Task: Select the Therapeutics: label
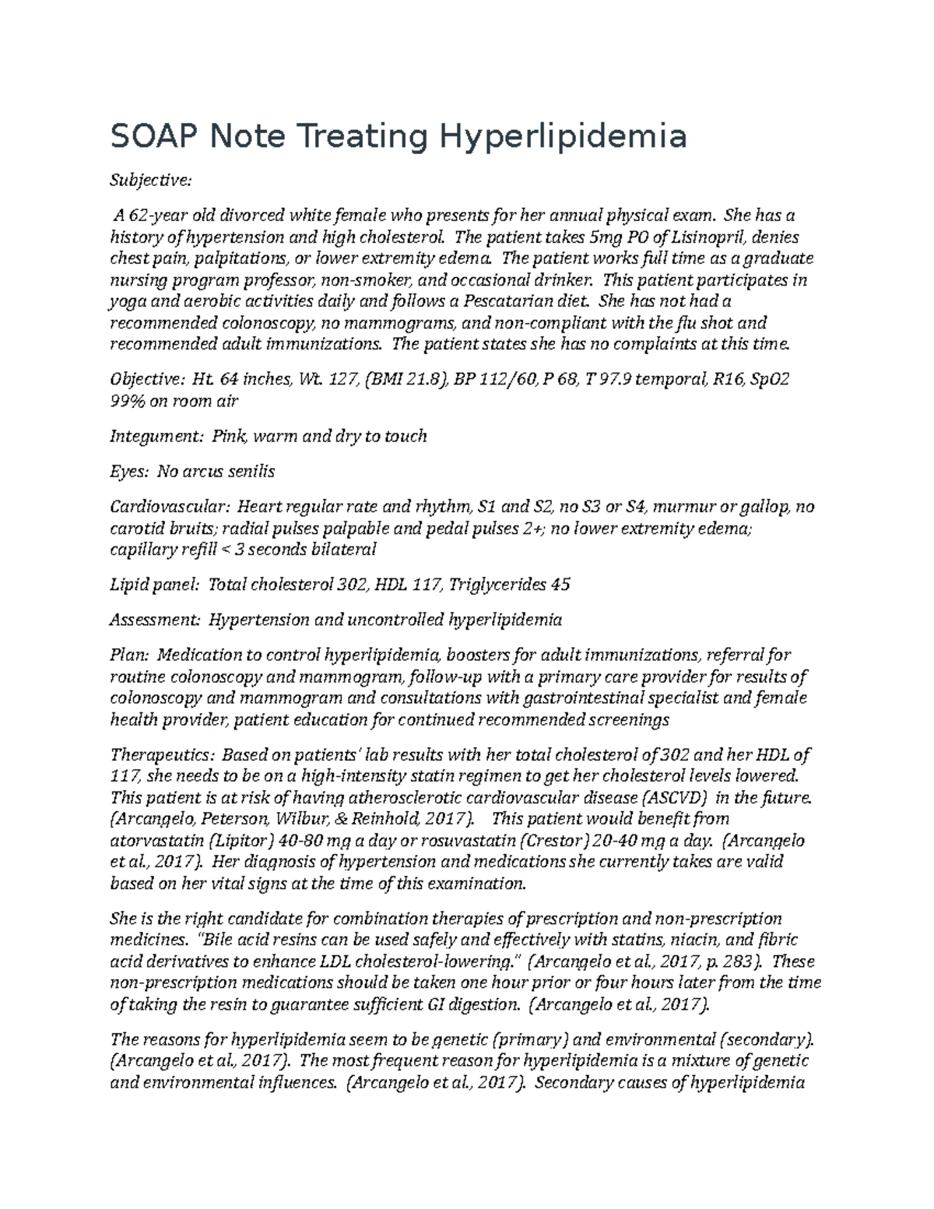point(162,754)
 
